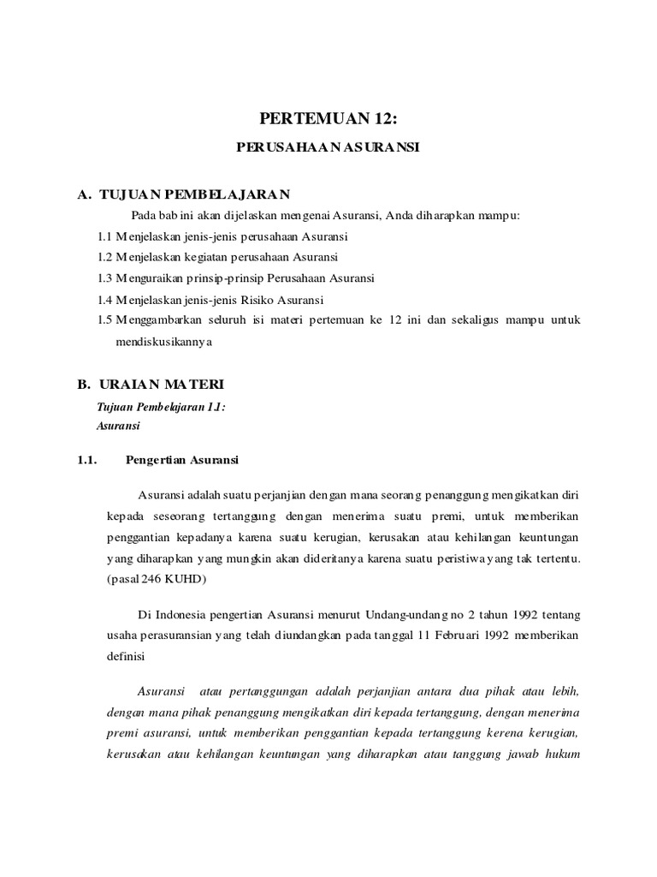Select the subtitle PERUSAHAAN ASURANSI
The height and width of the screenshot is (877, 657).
click(328, 148)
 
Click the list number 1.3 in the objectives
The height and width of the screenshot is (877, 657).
click(105, 278)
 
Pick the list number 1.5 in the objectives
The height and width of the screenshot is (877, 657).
click(105, 320)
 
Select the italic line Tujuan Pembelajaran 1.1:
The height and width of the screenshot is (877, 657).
click(163, 409)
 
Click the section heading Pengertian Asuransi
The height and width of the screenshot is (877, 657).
click(182, 460)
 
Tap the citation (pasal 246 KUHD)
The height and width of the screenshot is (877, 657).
click(158, 580)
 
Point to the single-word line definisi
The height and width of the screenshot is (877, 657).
click(127, 657)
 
